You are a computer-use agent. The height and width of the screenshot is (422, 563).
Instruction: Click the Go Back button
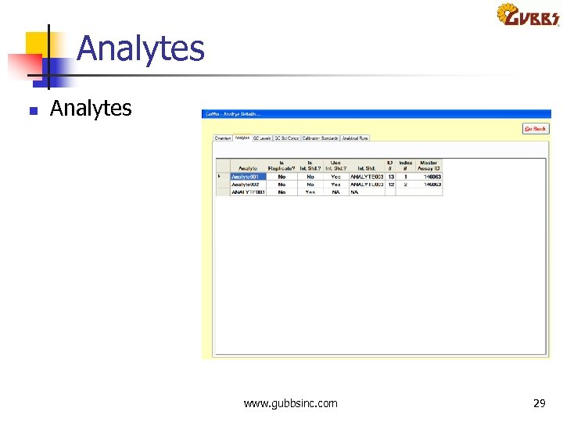[x=536, y=128]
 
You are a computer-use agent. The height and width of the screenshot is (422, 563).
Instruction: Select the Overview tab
[x=223, y=138]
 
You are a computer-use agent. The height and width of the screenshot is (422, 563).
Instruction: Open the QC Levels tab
[x=261, y=138]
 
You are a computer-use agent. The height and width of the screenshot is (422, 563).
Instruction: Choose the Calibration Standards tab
[x=320, y=138]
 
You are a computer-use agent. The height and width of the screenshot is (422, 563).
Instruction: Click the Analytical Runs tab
[x=354, y=138]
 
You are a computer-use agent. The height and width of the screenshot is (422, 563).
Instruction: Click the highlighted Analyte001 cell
[x=248, y=177]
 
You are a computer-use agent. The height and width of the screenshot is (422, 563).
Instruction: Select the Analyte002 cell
[x=248, y=184]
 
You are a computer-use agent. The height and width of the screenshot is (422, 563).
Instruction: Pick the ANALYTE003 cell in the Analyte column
[x=248, y=191]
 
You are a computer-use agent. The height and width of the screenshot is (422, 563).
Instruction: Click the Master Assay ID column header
[x=429, y=166]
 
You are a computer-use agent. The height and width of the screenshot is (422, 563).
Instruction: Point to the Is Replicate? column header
[x=281, y=166]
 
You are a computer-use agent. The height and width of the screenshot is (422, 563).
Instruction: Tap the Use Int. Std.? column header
[x=335, y=166]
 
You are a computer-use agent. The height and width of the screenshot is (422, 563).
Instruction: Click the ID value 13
[x=390, y=177]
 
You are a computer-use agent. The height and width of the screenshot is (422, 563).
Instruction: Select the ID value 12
[x=390, y=184]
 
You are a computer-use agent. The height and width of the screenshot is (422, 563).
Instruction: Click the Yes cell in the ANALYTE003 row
[x=310, y=191]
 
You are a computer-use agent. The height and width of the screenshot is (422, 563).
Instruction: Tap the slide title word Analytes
[x=141, y=48]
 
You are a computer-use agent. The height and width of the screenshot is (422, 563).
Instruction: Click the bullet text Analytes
[x=91, y=108]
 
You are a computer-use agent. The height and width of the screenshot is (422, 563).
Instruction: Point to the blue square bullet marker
[x=33, y=110]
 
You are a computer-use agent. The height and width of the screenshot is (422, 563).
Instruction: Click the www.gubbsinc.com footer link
[x=290, y=403]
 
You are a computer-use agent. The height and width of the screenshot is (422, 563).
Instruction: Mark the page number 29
[x=539, y=403]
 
